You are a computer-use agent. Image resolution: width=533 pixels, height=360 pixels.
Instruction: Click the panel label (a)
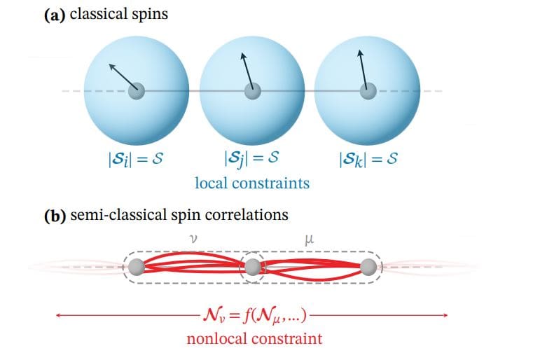pos(55,13)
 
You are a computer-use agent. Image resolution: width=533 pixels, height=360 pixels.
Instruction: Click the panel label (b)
pos(55,214)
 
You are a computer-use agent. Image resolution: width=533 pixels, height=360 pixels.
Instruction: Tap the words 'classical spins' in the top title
pos(118,13)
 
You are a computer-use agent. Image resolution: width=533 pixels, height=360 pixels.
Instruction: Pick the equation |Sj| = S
pos(251,159)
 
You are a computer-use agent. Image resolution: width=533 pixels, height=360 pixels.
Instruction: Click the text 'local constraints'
pos(251,184)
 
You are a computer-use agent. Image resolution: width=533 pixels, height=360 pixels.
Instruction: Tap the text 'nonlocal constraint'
pos(254,339)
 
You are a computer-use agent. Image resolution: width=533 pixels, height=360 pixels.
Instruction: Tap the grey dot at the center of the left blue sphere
pos(137,91)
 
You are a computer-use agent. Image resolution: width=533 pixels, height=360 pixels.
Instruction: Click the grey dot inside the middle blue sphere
pos(251,91)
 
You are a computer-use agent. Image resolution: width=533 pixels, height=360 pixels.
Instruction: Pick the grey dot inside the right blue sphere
pos(366,91)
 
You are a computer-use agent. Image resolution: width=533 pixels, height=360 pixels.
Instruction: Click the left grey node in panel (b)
pos(137,267)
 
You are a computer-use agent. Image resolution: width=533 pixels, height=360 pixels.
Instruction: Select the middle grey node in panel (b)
pos(252,267)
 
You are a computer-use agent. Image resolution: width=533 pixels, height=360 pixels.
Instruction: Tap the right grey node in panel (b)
pos(368,267)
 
